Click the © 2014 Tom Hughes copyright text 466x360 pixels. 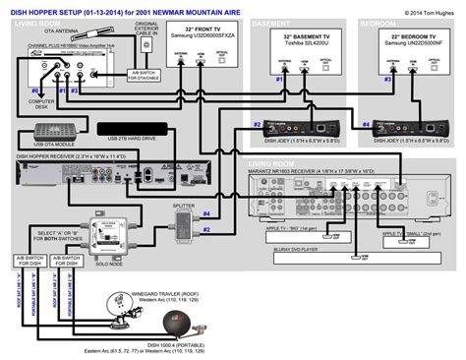(429, 13)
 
